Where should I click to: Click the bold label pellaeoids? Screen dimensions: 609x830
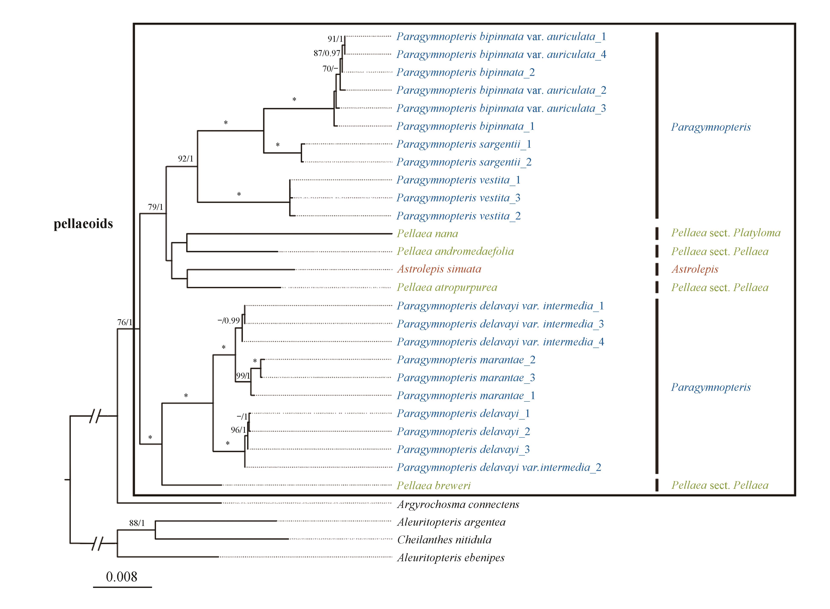click(83, 224)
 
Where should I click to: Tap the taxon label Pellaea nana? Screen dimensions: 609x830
click(427, 234)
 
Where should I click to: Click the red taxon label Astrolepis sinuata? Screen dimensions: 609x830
click(439, 269)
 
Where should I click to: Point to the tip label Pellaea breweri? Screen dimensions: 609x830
click(434, 485)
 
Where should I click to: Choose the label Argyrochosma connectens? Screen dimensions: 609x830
click(458, 504)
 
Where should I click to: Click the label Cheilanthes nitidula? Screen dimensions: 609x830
click(444, 540)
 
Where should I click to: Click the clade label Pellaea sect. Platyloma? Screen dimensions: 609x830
click(726, 233)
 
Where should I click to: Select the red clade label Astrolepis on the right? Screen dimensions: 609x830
click(695, 269)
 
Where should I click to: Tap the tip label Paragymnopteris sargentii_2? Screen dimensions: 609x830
click(464, 162)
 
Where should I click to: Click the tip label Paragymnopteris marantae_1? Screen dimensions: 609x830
click(466, 395)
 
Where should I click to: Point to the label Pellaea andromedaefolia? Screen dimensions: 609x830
click(455, 251)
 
